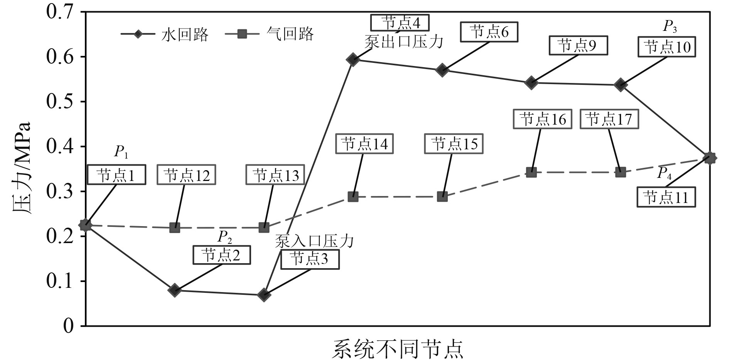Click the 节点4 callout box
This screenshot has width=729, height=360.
point(400,23)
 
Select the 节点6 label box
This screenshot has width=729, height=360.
point(489,32)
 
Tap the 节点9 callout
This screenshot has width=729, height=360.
point(578,46)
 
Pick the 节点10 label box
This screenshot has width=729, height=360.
point(667,47)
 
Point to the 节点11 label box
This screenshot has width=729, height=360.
point(666,198)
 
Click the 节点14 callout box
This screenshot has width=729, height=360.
point(364,144)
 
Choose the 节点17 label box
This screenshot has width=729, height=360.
point(609,119)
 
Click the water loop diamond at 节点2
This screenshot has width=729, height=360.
point(175,290)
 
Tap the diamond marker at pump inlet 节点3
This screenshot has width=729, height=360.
point(264,295)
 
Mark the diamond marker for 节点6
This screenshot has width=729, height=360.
point(442,70)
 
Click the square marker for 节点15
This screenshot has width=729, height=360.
point(442,197)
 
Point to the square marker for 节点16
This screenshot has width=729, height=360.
point(531,172)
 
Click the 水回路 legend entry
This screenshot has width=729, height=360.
point(165,34)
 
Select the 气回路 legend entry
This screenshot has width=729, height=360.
point(270,34)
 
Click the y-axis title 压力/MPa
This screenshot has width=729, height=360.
point(21,169)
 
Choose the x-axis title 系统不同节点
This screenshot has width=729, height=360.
point(397,348)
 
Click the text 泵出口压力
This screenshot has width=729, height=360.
point(403,42)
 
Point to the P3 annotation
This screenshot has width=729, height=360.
point(670,27)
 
